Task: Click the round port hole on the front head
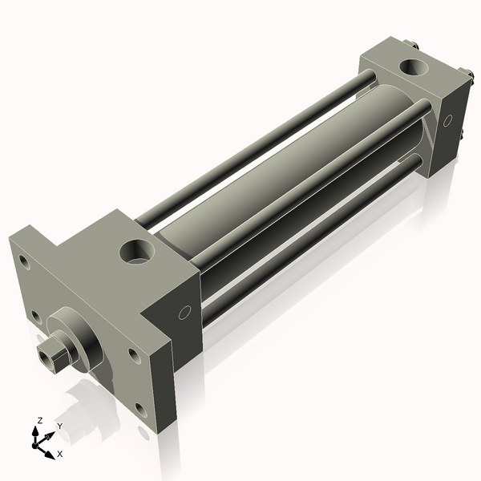point(137,252)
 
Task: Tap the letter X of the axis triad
point(60,454)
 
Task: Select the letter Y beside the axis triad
point(59,426)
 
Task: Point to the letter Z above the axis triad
point(40,420)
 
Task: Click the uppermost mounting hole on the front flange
point(24,261)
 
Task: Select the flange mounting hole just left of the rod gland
point(37,317)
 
